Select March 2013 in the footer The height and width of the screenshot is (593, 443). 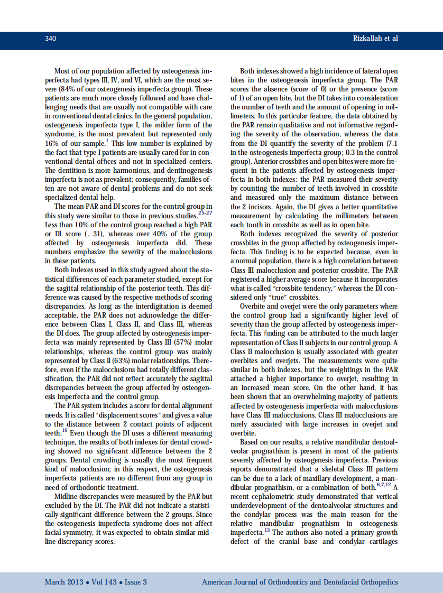tap(63, 582)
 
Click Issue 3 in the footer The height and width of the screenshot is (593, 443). tap(135, 582)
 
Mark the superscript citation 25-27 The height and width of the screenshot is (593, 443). tap(205, 212)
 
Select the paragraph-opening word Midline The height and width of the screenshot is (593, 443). tap(67, 497)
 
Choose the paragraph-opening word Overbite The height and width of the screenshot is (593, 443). tap(254, 306)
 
